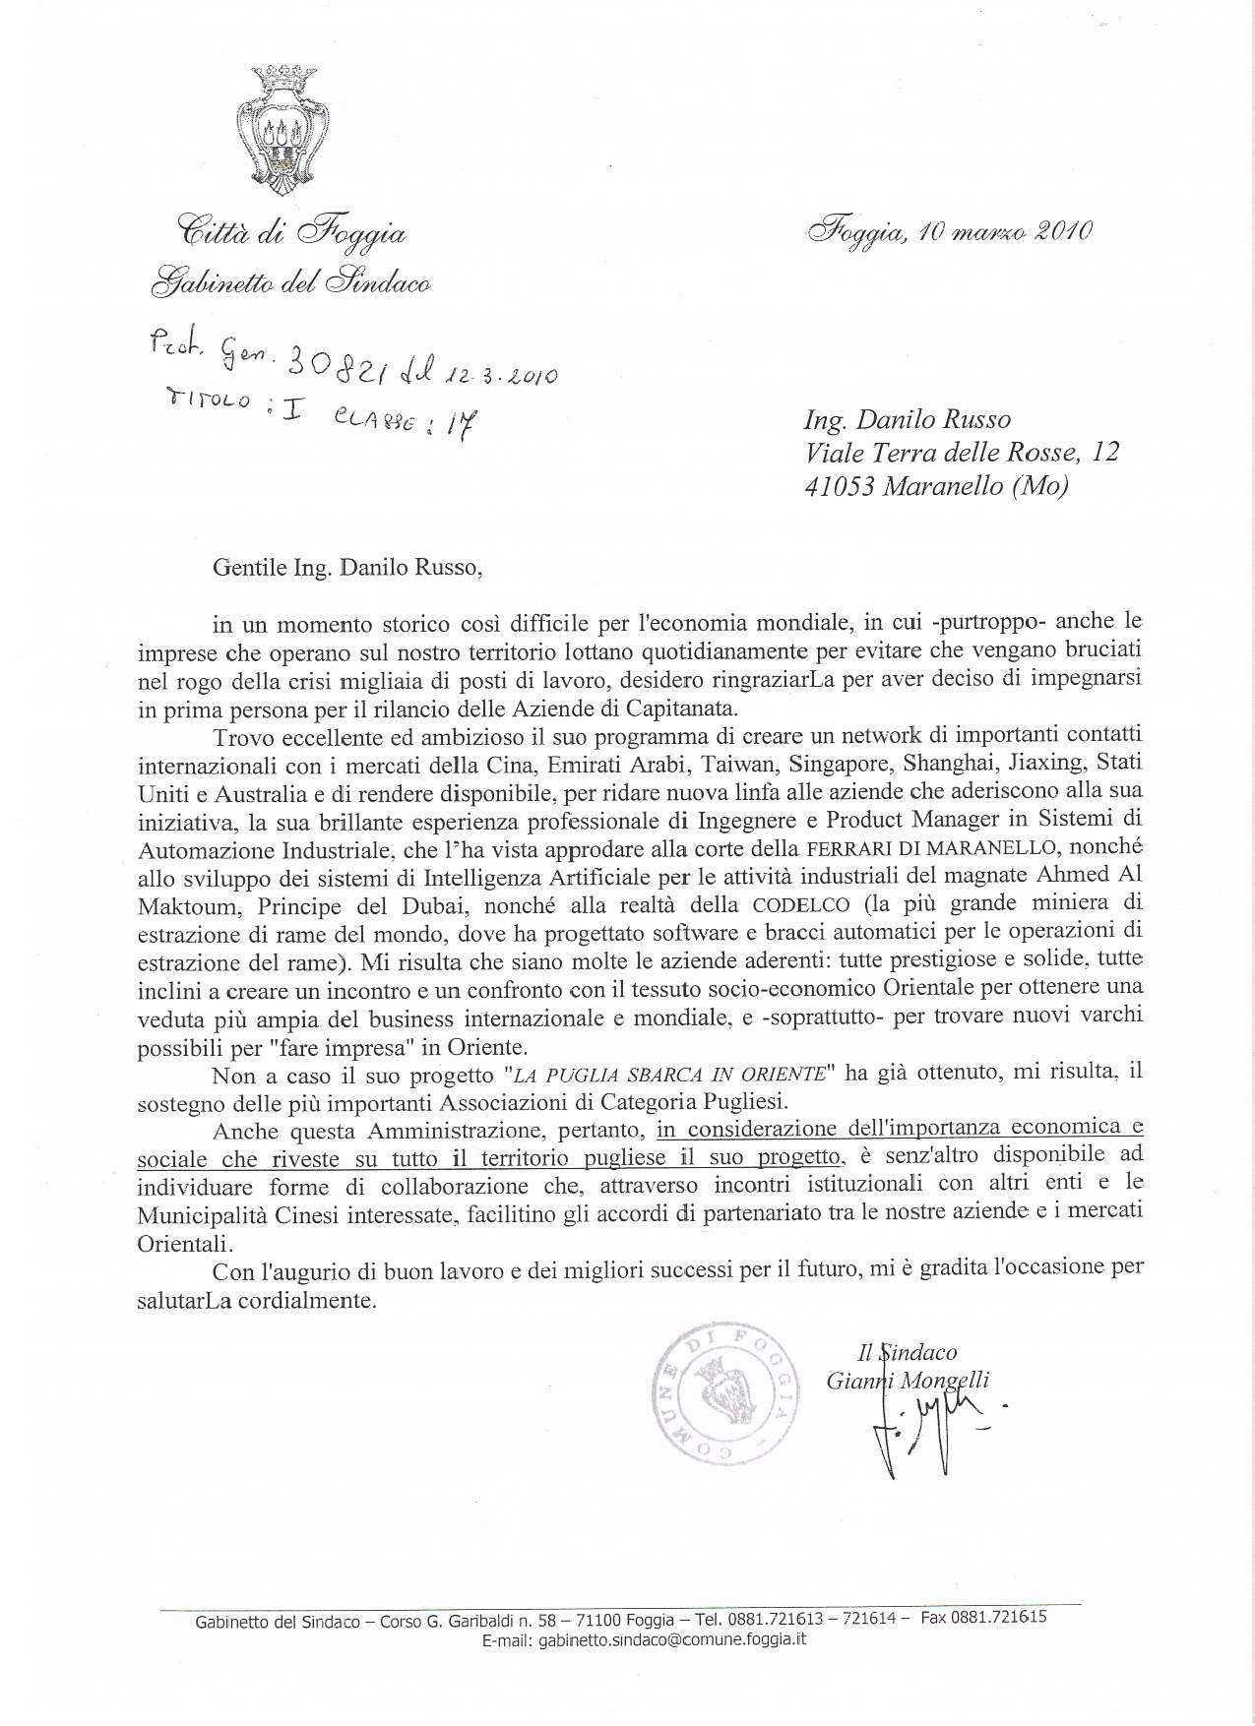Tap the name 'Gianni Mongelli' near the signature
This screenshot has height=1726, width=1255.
tap(908, 1381)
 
